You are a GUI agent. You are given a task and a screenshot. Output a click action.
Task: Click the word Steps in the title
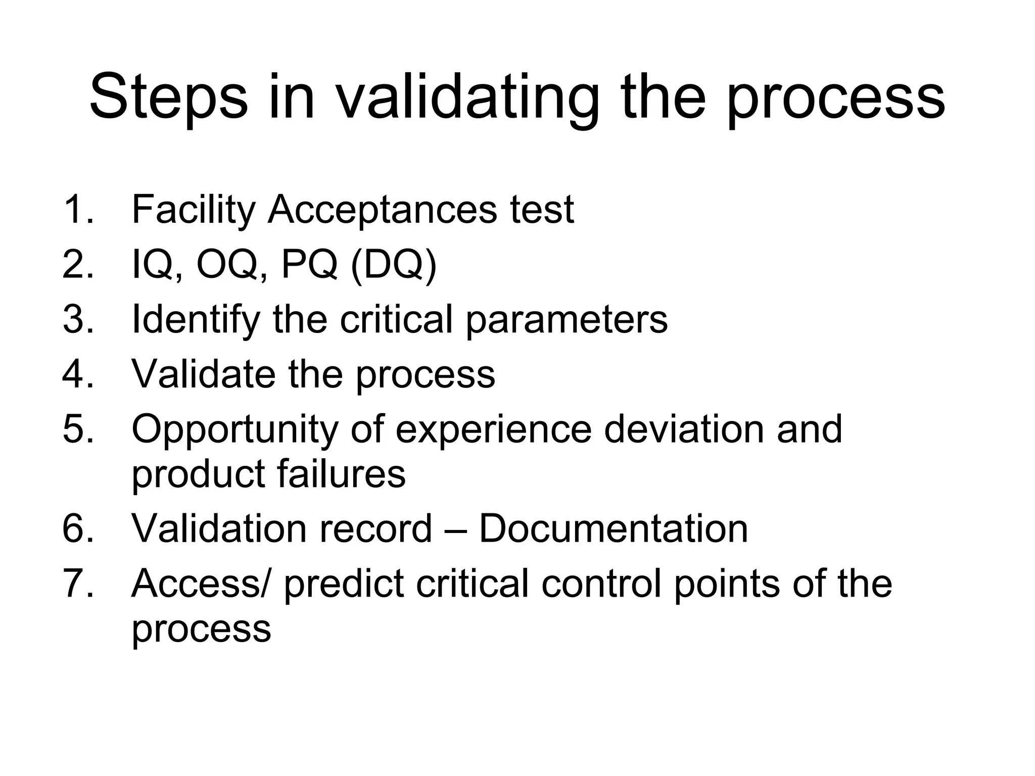tap(168, 97)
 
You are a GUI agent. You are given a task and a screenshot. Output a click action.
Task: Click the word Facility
tap(193, 210)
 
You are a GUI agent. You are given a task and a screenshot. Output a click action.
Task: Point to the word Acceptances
tap(382, 210)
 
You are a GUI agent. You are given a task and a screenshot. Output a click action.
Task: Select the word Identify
tap(195, 320)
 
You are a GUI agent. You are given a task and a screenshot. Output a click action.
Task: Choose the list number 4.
tap(77, 374)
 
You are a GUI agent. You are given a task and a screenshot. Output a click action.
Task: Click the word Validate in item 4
tap(203, 374)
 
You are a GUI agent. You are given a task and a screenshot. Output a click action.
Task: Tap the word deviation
tap(684, 429)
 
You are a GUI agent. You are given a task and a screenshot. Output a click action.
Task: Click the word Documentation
tap(613, 529)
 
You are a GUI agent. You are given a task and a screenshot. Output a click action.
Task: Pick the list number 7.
tap(77, 584)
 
